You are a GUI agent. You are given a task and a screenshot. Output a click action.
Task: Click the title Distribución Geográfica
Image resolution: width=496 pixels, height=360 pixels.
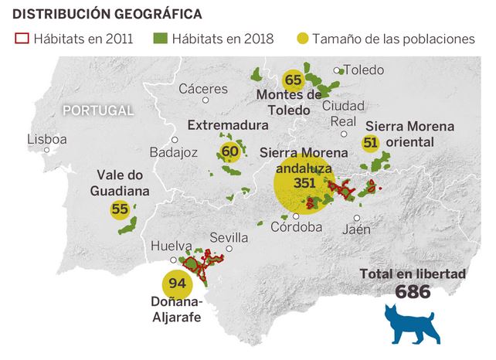coord(108,14)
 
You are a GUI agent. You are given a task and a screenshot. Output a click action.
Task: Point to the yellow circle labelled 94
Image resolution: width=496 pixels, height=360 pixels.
coord(178,284)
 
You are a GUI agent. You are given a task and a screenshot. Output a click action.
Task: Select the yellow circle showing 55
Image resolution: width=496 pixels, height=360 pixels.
coord(120,209)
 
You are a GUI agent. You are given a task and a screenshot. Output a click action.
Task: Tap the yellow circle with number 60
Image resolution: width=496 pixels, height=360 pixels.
coord(229,151)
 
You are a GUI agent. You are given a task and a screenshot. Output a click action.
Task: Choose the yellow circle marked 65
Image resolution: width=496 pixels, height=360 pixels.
coord(293,80)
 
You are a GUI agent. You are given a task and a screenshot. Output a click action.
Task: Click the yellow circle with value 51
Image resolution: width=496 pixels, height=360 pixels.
coord(370,143)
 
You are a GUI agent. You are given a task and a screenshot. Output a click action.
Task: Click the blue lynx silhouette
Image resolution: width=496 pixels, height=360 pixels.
coord(410,324)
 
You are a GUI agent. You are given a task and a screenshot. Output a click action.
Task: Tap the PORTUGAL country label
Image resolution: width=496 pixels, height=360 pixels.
coord(98,110)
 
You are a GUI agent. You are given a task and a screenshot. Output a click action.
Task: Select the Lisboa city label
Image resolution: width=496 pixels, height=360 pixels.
coord(46,140)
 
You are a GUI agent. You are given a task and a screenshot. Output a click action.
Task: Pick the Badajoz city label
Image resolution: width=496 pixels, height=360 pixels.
coord(174,151)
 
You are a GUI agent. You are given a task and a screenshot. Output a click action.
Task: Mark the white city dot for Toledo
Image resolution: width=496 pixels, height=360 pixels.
coord(336,70)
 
